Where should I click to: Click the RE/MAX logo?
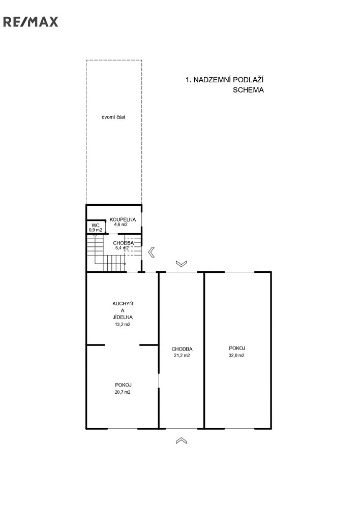(x=31, y=22)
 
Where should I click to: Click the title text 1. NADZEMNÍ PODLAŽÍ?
(x=224, y=80)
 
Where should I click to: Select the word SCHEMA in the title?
(x=248, y=90)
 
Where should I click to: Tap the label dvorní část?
(x=113, y=117)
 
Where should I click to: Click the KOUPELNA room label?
(x=123, y=219)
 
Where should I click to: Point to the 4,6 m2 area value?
(x=121, y=224)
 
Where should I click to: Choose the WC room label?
(x=96, y=225)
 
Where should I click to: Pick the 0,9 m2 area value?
(x=96, y=230)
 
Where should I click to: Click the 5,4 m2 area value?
(x=122, y=248)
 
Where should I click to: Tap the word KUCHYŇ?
(x=123, y=304)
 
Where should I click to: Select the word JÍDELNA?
(x=123, y=317)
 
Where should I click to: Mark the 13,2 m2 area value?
(x=123, y=324)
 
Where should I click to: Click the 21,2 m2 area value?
(x=182, y=356)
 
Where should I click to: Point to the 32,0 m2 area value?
(x=237, y=355)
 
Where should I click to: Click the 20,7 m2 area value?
(x=123, y=392)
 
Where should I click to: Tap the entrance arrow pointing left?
(x=151, y=252)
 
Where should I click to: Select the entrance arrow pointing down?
(x=182, y=264)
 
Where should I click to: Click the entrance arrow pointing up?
(x=182, y=440)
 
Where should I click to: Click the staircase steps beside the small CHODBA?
(x=106, y=256)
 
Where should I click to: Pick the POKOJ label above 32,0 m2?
(x=237, y=348)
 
